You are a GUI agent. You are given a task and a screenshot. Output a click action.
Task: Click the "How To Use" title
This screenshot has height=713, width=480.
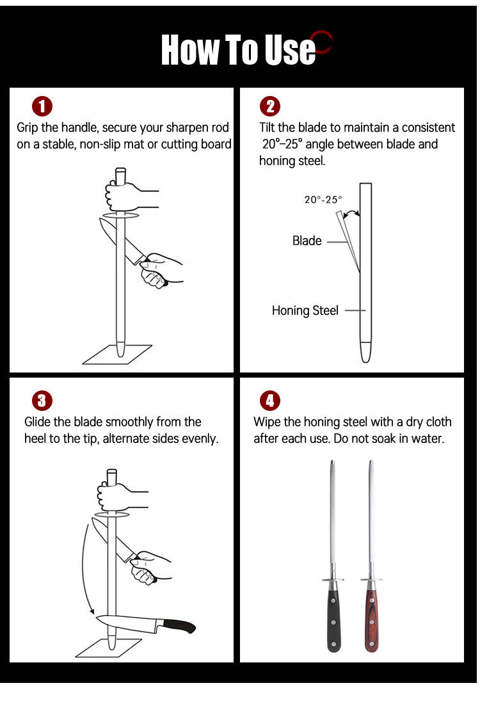(238, 49)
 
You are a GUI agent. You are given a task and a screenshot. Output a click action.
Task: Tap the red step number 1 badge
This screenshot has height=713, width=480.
(42, 106)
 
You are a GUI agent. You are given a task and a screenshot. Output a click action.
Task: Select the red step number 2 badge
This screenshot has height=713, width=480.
(270, 106)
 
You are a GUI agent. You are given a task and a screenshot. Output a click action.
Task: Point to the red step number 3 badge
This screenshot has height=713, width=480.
(42, 401)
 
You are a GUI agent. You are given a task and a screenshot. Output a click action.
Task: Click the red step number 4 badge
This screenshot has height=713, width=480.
(270, 401)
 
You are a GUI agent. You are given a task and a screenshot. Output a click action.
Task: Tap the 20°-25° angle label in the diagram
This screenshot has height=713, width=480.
(323, 199)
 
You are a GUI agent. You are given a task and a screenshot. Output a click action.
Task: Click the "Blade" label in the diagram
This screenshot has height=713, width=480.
(307, 241)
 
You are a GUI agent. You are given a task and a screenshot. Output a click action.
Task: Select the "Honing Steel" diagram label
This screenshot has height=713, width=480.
(305, 310)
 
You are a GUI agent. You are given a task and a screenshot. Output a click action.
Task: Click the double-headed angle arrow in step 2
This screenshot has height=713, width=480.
(351, 212)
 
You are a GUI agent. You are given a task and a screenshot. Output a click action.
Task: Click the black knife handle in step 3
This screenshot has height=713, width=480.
(179, 626)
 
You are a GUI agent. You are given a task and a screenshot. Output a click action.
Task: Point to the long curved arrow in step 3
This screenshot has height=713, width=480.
(83, 569)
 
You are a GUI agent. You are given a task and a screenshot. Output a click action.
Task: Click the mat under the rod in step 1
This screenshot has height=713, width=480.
(117, 354)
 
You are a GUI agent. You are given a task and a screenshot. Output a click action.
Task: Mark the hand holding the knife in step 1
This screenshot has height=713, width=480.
(161, 269)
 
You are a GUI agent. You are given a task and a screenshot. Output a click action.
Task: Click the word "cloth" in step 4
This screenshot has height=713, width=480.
(438, 422)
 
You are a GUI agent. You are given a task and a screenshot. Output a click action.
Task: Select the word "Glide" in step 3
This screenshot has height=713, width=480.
(37, 422)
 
